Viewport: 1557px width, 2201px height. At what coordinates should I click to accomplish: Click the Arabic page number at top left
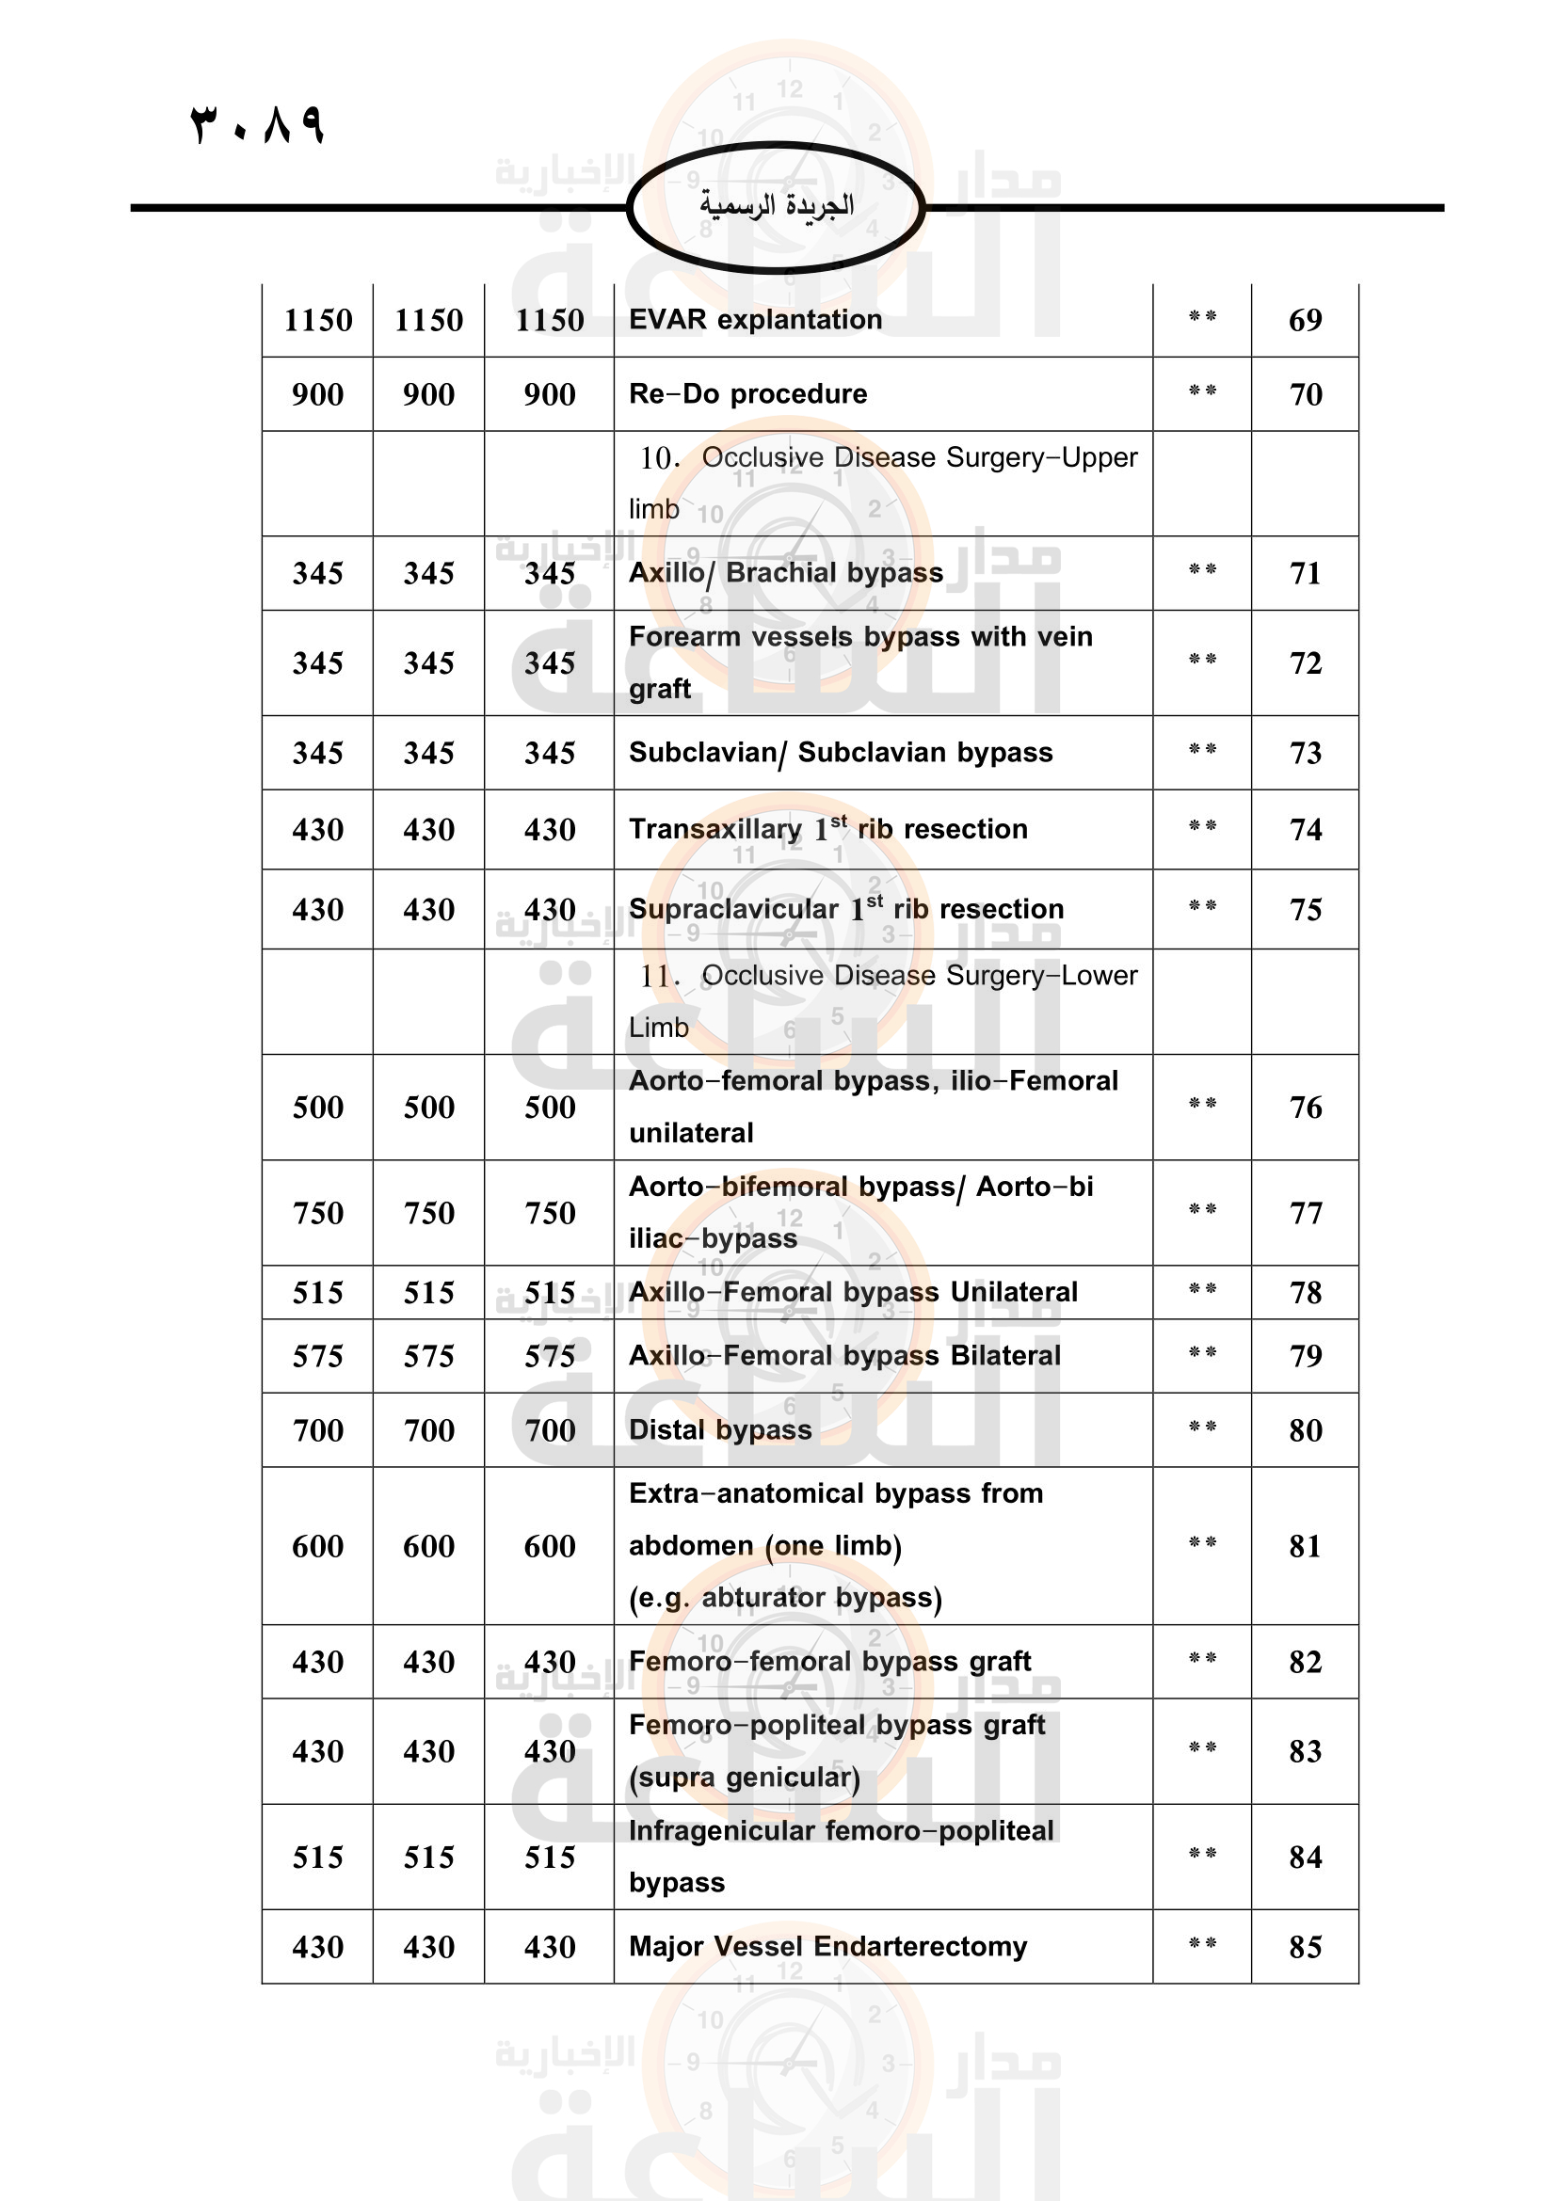coord(258,124)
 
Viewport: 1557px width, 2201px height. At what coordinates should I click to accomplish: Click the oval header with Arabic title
coord(776,206)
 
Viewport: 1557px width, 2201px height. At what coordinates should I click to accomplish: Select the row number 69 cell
coord(1304,320)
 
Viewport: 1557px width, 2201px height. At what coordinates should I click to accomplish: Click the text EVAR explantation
coord(756,319)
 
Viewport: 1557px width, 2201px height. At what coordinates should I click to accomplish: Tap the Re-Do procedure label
coord(747,394)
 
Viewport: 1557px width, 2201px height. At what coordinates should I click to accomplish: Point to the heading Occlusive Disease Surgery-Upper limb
coord(882,482)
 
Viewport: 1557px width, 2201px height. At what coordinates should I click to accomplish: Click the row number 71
coord(1304,573)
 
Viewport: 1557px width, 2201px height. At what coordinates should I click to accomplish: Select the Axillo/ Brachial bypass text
coord(786,573)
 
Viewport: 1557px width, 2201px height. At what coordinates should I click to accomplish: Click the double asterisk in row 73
coord(1201,750)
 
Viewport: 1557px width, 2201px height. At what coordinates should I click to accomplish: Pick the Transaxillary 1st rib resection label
coord(827,829)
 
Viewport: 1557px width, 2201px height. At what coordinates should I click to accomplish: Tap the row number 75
coord(1304,910)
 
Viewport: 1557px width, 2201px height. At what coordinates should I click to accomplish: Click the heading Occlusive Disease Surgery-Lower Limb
coord(882,1001)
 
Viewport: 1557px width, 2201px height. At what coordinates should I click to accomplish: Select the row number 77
coord(1304,1213)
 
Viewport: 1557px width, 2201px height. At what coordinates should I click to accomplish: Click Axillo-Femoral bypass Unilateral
coord(853,1292)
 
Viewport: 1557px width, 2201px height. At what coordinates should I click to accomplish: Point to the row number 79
coord(1304,1355)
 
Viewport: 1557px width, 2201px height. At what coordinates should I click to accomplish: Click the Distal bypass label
coord(720,1429)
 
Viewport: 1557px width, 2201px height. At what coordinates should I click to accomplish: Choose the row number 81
coord(1304,1545)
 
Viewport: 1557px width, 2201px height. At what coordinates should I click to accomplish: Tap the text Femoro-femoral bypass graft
coord(829,1661)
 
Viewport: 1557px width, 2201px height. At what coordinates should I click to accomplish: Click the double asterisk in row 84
coord(1201,1854)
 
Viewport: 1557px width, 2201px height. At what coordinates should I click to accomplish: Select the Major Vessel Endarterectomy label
coord(827,1946)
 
